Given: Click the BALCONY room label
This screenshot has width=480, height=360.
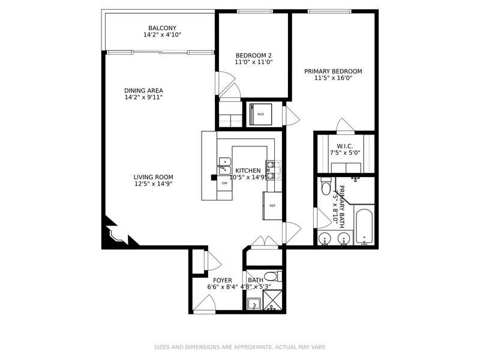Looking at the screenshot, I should [x=162, y=28].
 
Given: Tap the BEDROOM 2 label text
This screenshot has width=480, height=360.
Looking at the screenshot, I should [x=253, y=55].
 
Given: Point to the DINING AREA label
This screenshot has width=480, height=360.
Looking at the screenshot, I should [x=143, y=91].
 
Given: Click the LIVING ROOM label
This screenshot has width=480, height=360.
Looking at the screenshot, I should [x=153, y=177].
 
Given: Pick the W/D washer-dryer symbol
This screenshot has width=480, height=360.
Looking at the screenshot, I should [x=260, y=114].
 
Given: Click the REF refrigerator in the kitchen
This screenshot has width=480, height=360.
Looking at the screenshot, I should [x=272, y=206].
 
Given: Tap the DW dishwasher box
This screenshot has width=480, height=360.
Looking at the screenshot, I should [x=224, y=182].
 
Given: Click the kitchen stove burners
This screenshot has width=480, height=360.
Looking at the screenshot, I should [x=271, y=170].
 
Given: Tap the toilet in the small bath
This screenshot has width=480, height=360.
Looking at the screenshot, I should [x=271, y=277].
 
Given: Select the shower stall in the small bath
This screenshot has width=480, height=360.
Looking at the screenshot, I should [x=272, y=300].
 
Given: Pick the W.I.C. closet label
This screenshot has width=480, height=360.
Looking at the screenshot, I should [x=344, y=146].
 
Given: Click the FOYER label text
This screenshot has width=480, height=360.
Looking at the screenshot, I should [x=222, y=280].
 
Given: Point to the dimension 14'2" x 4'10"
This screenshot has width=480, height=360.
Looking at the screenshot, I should [x=162, y=35].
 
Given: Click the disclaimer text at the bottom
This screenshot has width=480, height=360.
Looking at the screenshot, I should [x=240, y=347].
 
